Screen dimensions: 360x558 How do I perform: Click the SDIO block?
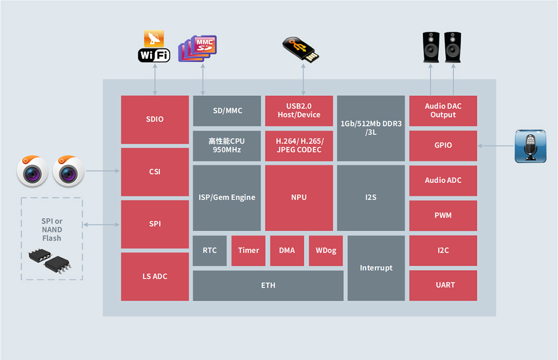click(x=155, y=120)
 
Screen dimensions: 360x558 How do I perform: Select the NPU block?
click(x=299, y=197)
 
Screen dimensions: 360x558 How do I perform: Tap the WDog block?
click(x=326, y=250)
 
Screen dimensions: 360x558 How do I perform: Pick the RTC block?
click(x=210, y=250)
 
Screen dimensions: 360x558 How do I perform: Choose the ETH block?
click(x=268, y=285)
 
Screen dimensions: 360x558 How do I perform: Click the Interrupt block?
click(x=376, y=268)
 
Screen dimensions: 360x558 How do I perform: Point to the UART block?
click(x=443, y=285)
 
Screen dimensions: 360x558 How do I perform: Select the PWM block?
click(x=443, y=215)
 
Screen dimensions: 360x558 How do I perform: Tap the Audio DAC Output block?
click(x=443, y=111)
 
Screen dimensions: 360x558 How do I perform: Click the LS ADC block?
click(x=155, y=276)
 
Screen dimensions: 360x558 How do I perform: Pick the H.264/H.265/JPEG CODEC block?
click(x=299, y=146)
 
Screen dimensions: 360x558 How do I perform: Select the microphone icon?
click(x=531, y=146)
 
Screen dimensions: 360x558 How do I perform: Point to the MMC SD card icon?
click(x=198, y=49)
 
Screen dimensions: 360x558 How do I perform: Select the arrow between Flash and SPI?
click(x=102, y=224)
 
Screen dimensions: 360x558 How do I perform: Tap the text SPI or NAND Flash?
click(x=52, y=230)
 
